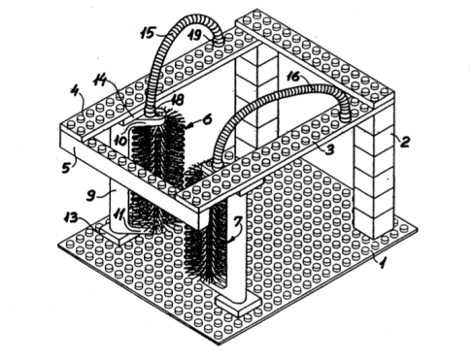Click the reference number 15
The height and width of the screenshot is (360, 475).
148,33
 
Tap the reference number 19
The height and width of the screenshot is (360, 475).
195,35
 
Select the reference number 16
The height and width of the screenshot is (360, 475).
294,77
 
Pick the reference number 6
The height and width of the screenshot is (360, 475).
207,119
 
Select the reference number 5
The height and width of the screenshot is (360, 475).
66,167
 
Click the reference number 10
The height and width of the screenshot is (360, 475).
120,141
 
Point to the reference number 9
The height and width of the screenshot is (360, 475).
91,196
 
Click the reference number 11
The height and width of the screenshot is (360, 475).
121,214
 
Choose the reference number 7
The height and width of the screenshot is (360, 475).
238,221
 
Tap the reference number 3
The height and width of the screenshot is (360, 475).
329,149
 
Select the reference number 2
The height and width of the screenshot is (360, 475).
405,142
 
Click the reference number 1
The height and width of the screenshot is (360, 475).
383,262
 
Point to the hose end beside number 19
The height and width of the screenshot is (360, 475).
218,40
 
